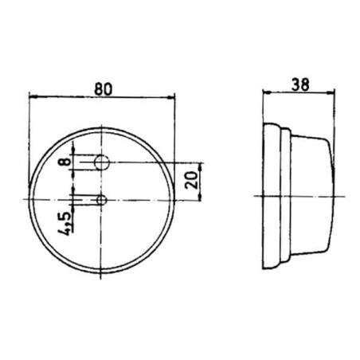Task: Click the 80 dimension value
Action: coord(104,89)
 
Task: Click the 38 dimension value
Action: coord(300,84)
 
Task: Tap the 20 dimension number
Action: coord(192,180)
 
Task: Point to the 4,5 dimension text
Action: coord(65,224)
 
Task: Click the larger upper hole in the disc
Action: coord(102,162)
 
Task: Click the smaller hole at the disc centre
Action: coord(101,200)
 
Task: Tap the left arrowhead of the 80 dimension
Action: coord(33,97)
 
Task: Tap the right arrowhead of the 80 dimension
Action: coord(170,97)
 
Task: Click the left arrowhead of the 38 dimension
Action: coord(266,92)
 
